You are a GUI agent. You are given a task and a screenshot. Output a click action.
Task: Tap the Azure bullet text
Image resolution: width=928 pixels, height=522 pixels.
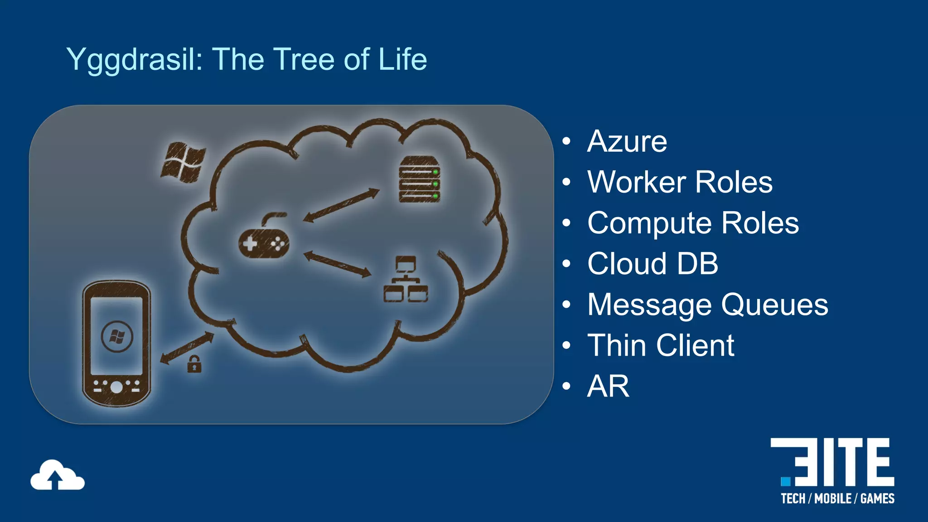[627, 141]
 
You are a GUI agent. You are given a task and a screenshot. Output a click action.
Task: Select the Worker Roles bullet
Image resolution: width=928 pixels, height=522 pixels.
[680, 182]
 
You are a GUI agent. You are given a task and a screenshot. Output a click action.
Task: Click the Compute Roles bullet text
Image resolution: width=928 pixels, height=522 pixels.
[693, 223]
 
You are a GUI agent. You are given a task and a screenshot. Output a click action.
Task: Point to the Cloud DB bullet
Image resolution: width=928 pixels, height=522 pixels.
[652, 264]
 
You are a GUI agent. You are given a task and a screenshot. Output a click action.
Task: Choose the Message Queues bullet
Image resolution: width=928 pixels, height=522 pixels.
[707, 304]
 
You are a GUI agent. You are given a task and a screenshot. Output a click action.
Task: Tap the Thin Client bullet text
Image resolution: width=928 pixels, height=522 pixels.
[660, 345]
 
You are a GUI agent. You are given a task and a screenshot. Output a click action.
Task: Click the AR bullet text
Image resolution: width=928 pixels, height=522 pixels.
[608, 386]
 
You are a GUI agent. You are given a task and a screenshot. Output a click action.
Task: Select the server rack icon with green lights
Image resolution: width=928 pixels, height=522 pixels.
[419, 179]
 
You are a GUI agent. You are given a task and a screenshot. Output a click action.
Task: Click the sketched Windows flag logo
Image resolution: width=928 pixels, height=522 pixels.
[183, 162]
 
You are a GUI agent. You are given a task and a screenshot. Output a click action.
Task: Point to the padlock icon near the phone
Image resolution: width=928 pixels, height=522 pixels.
[194, 364]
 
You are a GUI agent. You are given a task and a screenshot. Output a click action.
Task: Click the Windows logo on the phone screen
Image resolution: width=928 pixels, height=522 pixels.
[117, 337]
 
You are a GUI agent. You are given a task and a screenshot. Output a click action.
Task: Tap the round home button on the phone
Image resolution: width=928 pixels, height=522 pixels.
[116, 387]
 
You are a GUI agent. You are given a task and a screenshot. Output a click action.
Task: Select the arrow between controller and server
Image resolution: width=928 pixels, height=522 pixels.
[341, 205]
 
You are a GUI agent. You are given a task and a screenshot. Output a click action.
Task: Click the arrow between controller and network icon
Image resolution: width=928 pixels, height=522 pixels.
[337, 264]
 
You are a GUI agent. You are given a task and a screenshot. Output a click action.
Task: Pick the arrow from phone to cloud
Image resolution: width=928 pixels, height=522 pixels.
[187, 348]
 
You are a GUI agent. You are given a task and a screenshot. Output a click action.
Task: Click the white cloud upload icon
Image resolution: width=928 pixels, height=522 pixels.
[57, 475]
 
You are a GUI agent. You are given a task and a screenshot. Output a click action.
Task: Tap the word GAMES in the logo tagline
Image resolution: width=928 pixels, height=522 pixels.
[877, 499]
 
